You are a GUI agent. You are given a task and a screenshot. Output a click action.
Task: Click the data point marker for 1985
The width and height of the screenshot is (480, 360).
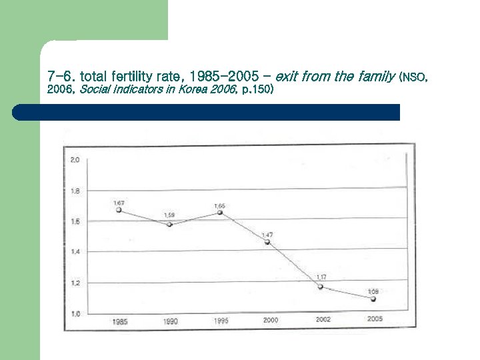click(x=119, y=210)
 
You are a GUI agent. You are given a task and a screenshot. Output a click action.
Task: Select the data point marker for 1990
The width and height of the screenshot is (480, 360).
click(x=169, y=225)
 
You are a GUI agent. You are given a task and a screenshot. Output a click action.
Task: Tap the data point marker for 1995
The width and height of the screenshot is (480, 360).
click(x=219, y=213)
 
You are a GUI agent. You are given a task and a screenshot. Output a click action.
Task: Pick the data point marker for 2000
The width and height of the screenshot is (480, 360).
click(x=267, y=242)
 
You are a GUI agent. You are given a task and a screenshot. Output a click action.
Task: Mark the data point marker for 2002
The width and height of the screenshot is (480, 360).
click(x=321, y=287)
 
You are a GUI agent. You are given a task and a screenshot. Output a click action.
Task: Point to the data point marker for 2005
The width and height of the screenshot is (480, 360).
click(x=373, y=299)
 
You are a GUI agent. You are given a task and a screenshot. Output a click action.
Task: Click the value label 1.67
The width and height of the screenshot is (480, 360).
click(x=119, y=202)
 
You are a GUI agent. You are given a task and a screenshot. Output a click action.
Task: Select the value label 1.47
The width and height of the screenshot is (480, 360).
click(x=267, y=235)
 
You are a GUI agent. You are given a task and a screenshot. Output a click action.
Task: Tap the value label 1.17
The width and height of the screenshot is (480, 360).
click(x=321, y=277)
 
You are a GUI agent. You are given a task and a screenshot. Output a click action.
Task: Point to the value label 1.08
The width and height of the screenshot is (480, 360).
click(x=374, y=291)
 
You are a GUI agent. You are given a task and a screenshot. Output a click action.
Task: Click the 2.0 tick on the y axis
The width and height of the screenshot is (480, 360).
click(x=75, y=160)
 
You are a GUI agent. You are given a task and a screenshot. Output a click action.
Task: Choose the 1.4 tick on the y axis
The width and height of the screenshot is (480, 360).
click(x=75, y=252)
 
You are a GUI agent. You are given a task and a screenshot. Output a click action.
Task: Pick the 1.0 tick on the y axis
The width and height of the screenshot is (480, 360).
click(x=75, y=313)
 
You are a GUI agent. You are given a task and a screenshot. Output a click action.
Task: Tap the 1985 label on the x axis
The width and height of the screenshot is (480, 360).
click(x=120, y=321)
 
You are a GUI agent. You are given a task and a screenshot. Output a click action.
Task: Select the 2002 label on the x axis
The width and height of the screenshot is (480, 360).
click(x=323, y=320)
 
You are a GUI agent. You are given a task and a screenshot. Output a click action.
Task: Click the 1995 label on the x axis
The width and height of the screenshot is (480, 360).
click(x=221, y=321)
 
